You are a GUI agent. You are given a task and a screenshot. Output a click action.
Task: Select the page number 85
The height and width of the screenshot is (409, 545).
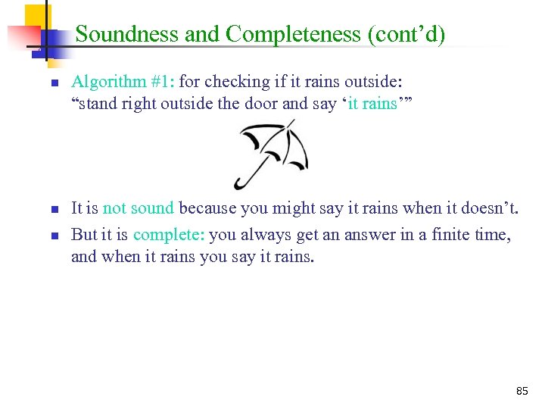point(522,391)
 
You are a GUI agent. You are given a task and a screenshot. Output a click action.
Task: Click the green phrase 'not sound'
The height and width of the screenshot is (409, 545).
point(138,208)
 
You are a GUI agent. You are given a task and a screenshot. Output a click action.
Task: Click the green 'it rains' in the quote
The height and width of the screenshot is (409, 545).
point(372,104)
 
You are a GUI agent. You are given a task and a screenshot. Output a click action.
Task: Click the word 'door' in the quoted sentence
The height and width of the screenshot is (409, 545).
point(260,104)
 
